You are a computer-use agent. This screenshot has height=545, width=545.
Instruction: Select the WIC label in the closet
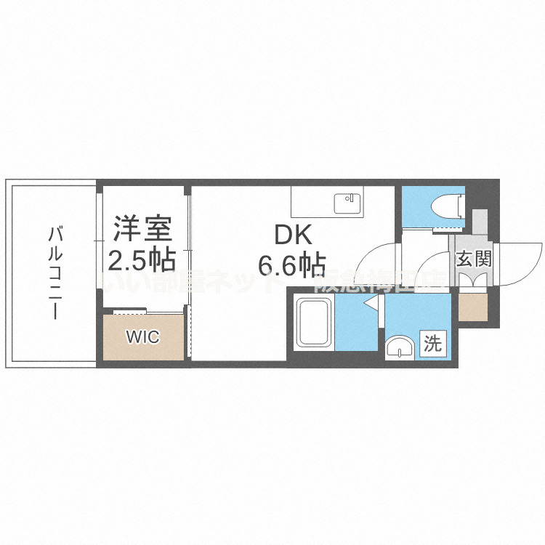[142, 337]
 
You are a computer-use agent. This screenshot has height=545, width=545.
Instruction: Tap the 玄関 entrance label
[474, 258]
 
